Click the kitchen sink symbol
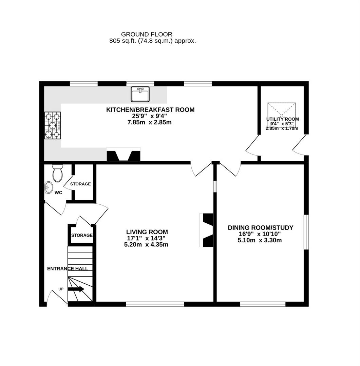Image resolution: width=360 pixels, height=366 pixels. [x=140, y=94]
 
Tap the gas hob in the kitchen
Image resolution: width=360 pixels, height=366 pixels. [x=52, y=125]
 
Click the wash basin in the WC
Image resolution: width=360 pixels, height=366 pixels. [x=49, y=187]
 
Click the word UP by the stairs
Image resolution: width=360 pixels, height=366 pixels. [x=61, y=289]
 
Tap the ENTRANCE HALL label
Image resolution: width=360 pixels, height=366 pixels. [x=67, y=269]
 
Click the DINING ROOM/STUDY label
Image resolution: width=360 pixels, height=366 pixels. [x=260, y=228]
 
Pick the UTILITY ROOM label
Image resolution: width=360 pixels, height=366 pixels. [x=282, y=119]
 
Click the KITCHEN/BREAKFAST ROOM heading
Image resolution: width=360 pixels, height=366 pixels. [x=150, y=110]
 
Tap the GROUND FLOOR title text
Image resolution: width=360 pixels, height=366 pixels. [x=147, y=34]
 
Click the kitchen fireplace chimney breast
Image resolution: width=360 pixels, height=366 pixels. [x=124, y=155]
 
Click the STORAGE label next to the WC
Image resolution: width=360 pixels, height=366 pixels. [x=80, y=184]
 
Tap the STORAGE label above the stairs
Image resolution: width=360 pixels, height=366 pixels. [x=82, y=235]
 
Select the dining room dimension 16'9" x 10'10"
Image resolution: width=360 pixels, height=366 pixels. [x=260, y=234]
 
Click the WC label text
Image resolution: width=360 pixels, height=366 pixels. [x=58, y=192]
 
